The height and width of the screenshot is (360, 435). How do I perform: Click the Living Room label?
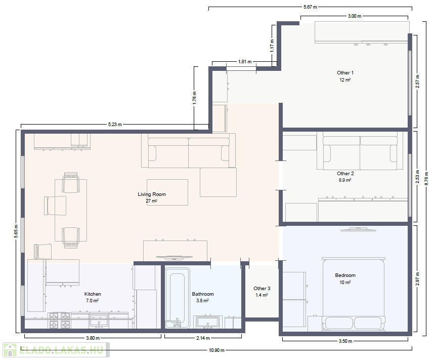pyautogui.click(x=152, y=194)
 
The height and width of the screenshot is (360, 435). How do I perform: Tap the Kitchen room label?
pyautogui.click(x=93, y=294)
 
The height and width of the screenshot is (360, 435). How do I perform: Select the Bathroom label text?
pyautogui.click(x=203, y=294)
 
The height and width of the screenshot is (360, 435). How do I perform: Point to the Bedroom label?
pyautogui.click(x=345, y=275)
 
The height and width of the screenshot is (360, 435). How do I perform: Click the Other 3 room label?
pyautogui.click(x=262, y=288)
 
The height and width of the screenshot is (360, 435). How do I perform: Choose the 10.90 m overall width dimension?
pyautogui.click(x=216, y=350)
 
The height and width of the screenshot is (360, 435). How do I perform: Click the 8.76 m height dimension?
pyautogui.click(x=426, y=178)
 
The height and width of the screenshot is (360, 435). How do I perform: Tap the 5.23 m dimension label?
pyautogui.click(x=115, y=124)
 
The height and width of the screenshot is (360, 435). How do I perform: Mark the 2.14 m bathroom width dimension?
pyautogui.click(x=203, y=338)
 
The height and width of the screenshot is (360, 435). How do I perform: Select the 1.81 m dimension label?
pyautogui.click(x=245, y=61)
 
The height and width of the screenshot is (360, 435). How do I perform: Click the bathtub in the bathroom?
pyautogui.click(x=178, y=298)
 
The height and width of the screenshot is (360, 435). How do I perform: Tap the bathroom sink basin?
pyautogui.click(x=208, y=322)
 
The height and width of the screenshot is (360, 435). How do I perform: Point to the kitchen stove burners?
pyautogui.click(x=59, y=321)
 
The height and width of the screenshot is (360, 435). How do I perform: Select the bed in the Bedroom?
pyautogui.click(x=354, y=295)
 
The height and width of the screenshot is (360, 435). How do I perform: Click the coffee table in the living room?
pyautogui.click(x=167, y=192)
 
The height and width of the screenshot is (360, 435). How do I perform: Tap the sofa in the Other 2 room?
pyautogui.click(x=360, y=153)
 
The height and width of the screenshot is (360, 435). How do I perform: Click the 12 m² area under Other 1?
pyautogui.click(x=345, y=79)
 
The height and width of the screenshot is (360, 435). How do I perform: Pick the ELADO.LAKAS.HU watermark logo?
pyautogui.click(x=56, y=350)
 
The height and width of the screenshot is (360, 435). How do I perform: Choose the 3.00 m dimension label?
pyautogui.click(x=355, y=16)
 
